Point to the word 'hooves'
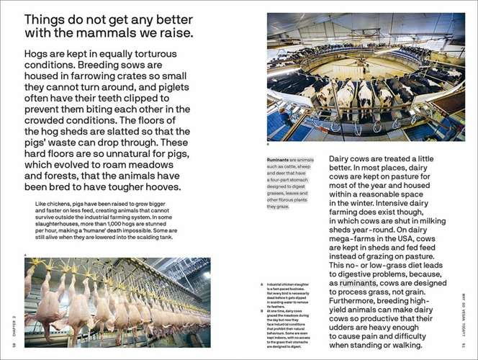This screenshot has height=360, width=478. coord(163,187)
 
